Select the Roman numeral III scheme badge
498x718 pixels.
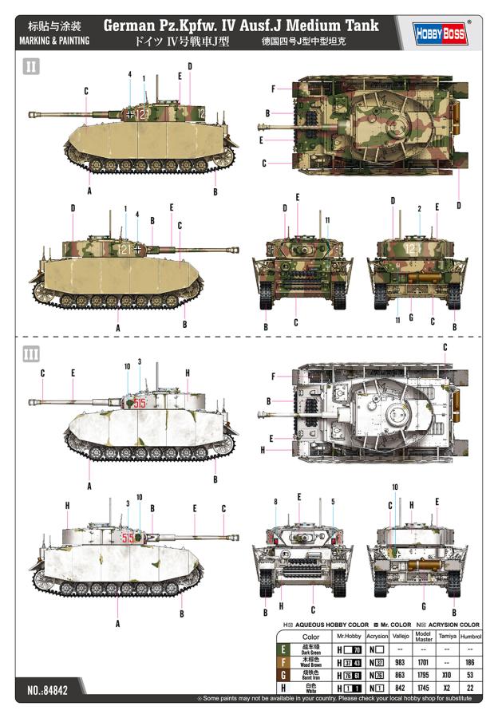[x=30, y=353]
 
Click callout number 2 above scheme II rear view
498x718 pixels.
[x=419, y=209]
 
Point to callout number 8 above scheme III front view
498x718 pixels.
[x=276, y=502]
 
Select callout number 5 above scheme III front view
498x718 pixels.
[x=332, y=502]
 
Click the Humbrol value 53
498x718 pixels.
[x=470, y=674]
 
